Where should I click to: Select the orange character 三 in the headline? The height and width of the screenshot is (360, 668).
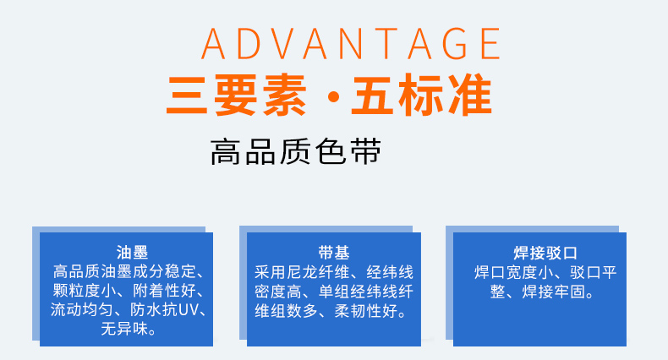(187, 95)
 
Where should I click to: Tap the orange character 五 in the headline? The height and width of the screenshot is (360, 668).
(372, 95)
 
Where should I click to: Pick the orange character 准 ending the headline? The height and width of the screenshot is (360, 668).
(471, 95)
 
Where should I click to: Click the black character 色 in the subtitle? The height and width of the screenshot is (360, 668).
(331, 151)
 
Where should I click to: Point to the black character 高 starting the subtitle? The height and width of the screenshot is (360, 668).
(226, 151)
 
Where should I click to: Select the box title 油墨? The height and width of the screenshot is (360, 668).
(132, 252)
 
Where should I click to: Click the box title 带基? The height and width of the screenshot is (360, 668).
(333, 253)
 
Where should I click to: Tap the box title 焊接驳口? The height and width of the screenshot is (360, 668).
(545, 253)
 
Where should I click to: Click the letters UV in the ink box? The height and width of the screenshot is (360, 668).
(189, 309)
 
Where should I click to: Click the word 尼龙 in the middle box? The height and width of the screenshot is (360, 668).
(302, 272)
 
